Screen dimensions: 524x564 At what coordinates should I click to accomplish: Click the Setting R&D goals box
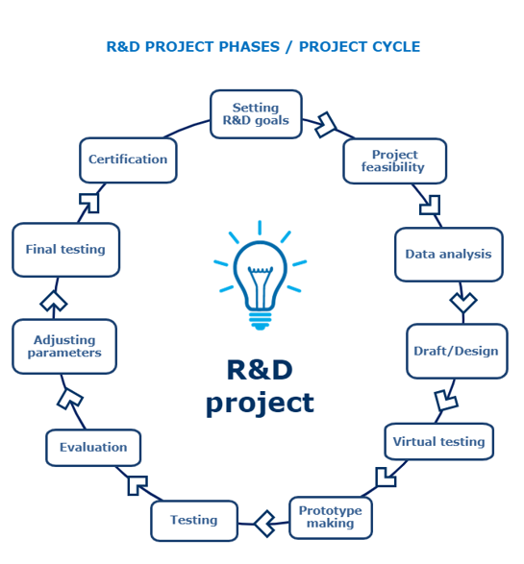(256, 114)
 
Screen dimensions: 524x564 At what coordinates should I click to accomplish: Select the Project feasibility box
(395, 160)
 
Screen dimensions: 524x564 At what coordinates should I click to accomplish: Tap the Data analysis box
(449, 255)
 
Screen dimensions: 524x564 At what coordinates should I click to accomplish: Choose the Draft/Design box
(457, 351)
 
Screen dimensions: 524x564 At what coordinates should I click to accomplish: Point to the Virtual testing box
(439, 441)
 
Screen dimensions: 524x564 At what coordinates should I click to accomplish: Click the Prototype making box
(331, 518)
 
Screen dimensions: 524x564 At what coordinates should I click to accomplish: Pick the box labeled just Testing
(194, 521)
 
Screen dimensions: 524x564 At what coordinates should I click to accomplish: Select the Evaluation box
(93, 448)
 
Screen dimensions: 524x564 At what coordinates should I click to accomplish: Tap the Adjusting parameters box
(64, 347)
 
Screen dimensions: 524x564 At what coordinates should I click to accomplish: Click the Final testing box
(65, 250)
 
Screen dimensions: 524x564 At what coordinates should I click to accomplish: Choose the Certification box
(128, 159)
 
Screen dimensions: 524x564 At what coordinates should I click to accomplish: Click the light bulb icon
(260, 275)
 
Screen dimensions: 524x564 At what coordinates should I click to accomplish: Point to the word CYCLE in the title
(395, 47)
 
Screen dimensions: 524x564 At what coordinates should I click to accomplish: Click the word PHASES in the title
(249, 47)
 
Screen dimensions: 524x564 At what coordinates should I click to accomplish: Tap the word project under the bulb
(260, 404)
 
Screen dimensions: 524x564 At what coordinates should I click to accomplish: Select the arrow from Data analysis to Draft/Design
(462, 302)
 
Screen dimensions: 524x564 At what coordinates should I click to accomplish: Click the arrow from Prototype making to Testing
(264, 524)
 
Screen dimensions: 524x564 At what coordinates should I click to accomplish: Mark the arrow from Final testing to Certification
(90, 203)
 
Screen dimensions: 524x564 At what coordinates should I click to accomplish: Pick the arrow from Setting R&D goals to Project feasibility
(326, 126)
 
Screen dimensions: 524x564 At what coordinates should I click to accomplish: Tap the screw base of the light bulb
(260, 321)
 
